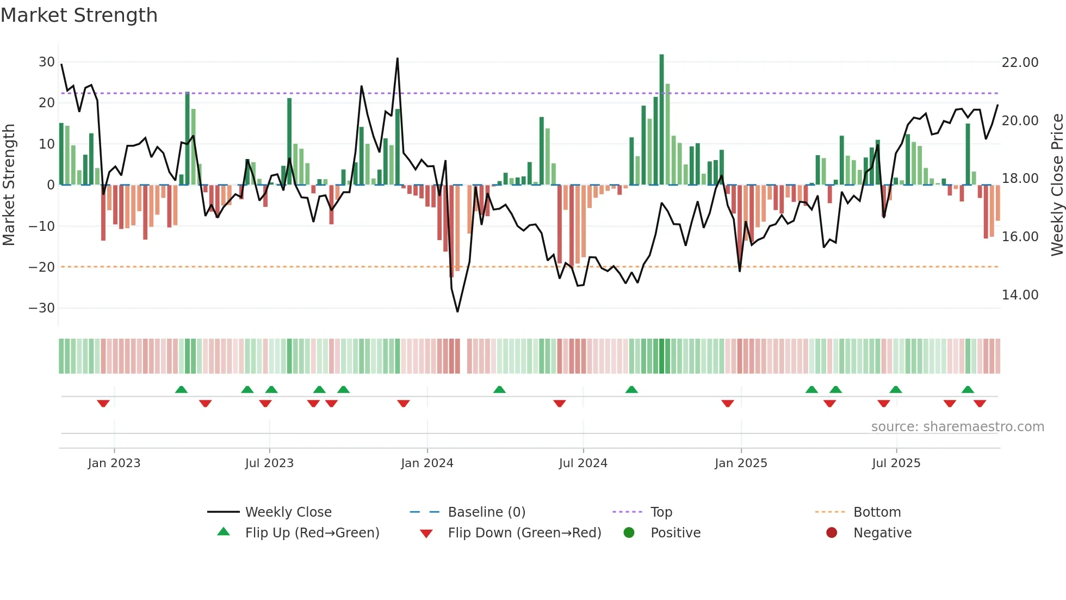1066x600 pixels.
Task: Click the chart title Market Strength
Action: coord(79,15)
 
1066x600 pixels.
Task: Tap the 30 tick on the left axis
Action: coord(47,62)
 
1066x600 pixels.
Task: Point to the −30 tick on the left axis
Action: coord(42,308)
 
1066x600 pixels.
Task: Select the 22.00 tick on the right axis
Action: coord(1020,63)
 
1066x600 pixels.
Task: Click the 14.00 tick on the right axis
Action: coord(1020,295)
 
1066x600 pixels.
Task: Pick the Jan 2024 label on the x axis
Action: coord(427,463)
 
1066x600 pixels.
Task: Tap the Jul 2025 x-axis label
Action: coord(896,463)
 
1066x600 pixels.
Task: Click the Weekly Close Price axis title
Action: coord(1057,185)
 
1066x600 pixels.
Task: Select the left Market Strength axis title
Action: coord(9,185)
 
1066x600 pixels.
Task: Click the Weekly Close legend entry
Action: coord(288,512)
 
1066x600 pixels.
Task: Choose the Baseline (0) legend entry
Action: coord(486,512)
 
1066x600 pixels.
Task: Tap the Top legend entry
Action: coord(661,512)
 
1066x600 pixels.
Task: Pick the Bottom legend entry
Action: coord(877,512)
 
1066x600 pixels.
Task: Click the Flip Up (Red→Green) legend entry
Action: coord(312,533)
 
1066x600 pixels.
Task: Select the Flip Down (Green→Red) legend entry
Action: coord(524,533)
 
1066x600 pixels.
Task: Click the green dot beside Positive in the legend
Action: coord(629,533)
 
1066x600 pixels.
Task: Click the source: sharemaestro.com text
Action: coord(957,427)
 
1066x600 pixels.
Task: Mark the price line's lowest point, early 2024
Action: coord(457,311)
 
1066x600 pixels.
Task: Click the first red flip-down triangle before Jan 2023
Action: coord(103,403)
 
